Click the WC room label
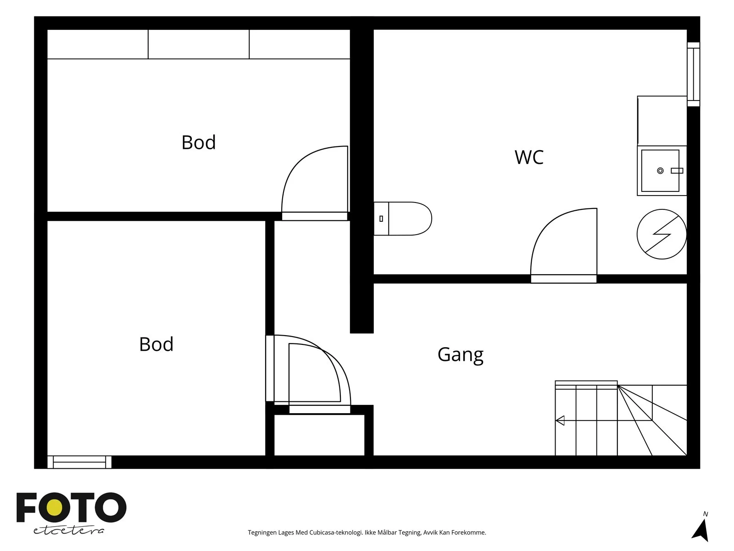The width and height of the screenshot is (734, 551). (528, 157)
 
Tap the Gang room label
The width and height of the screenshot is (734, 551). (461, 355)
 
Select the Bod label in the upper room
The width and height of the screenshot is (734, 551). (198, 142)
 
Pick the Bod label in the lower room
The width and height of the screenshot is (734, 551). (156, 344)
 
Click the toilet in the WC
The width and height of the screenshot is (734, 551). (402, 219)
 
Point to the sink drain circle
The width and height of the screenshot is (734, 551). (660, 171)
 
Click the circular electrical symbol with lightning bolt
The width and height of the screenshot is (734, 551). (662, 234)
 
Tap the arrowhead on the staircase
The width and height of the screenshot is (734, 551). (560, 421)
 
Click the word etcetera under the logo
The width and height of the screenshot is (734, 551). (68, 531)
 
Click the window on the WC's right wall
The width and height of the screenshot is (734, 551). (693, 74)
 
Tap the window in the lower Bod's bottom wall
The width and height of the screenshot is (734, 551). (79, 462)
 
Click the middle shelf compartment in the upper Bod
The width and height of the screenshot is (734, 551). (199, 44)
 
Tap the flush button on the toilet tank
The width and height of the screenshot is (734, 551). (381, 219)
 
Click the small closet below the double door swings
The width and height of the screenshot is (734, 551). (319, 435)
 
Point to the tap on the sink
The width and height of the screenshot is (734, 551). (677, 171)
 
